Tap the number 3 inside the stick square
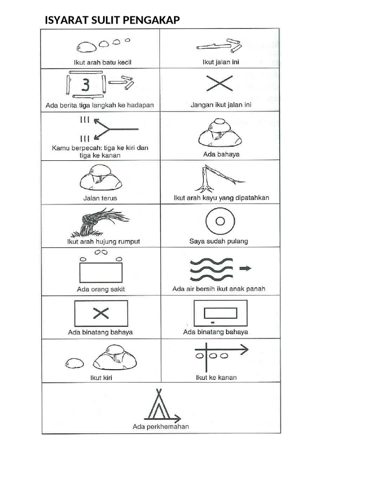point(85,86)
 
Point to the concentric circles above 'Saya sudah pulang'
point(220,221)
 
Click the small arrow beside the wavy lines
point(245,269)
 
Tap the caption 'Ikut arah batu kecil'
point(102,62)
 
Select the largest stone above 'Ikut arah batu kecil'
point(86,47)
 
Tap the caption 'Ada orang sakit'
point(101,289)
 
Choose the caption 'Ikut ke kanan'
point(216,377)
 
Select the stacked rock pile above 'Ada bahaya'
point(219,134)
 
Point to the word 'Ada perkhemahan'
point(161,427)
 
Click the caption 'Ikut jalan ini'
point(221,62)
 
